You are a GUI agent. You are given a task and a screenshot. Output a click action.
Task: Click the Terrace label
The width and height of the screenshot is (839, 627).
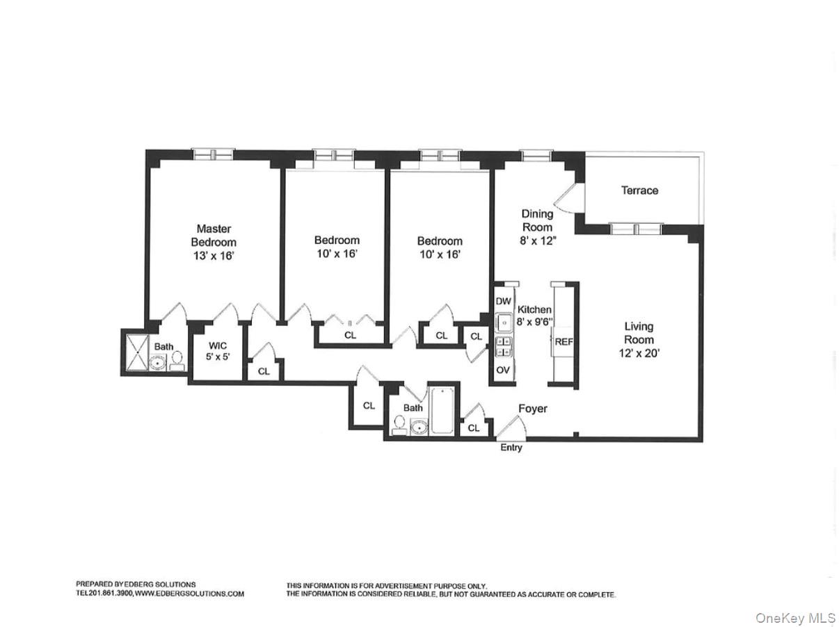[x=639, y=190]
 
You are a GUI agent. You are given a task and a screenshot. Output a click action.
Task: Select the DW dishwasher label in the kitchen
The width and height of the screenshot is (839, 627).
[x=504, y=301]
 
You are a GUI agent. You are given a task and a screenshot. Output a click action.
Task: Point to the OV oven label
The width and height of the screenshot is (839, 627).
[x=503, y=370]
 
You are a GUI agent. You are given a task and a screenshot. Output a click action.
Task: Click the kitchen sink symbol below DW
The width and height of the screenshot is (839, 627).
[x=504, y=322]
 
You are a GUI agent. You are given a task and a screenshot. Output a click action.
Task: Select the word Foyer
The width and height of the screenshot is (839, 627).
[x=532, y=409]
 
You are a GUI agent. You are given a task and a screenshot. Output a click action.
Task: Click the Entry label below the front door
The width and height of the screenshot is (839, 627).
[x=511, y=448]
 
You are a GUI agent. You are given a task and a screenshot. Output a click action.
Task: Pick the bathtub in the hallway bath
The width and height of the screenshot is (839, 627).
[x=442, y=412]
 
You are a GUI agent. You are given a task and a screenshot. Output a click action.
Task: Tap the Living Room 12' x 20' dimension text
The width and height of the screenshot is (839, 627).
[x=638, y=352]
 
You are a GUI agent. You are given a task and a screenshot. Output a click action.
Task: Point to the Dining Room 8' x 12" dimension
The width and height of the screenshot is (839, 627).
[x=537, y=241]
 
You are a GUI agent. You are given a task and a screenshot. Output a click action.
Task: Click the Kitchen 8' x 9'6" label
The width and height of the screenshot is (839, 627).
[x=534, y=316]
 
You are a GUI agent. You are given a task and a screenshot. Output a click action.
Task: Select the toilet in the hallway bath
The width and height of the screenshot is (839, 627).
[x=399, y=425]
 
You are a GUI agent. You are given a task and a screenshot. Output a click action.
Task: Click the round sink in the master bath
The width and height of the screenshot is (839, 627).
[x=159, y=362]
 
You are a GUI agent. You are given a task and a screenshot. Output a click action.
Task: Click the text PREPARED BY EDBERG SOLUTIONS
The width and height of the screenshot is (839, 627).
[x=136, y=585]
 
